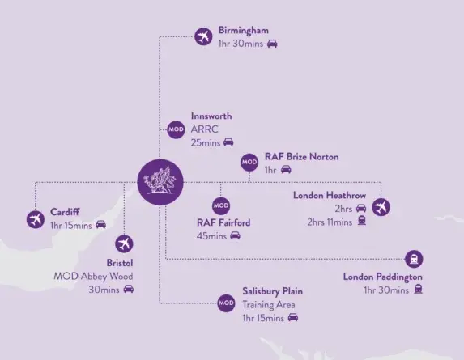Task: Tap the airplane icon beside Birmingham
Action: coord(203,36)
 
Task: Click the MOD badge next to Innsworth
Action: coord(175,129)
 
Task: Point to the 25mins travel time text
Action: coord(206,142)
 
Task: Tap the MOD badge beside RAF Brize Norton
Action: coord(249,163)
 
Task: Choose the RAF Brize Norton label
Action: coord(301,156)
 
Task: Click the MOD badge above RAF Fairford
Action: coord(220,207)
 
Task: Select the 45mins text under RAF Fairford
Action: coord(211,236)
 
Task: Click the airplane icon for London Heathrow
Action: coord(381,208)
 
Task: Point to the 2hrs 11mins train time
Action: coord(330,222)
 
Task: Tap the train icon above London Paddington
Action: coord(415,259)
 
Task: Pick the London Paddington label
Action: coord(382,277)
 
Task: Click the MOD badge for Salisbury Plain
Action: coord(226,303)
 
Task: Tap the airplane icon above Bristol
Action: coord(123,243)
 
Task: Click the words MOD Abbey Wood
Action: coord(92,276)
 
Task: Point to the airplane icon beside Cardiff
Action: coord(35,218)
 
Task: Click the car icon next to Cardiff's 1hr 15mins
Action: coord(101,225)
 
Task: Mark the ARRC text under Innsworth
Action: coord(206,129)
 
